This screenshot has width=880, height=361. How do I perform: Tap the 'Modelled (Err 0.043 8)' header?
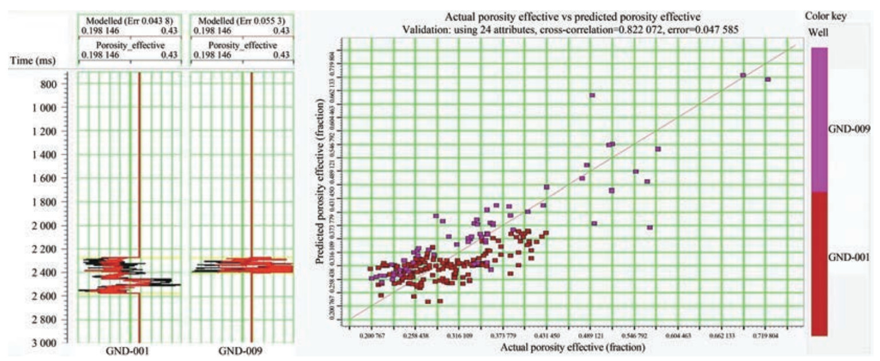[x=129, y=21]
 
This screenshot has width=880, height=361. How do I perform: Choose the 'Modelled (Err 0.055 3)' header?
[x=241, y=21]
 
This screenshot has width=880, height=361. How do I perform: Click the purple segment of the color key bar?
[x=819, y=119]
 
